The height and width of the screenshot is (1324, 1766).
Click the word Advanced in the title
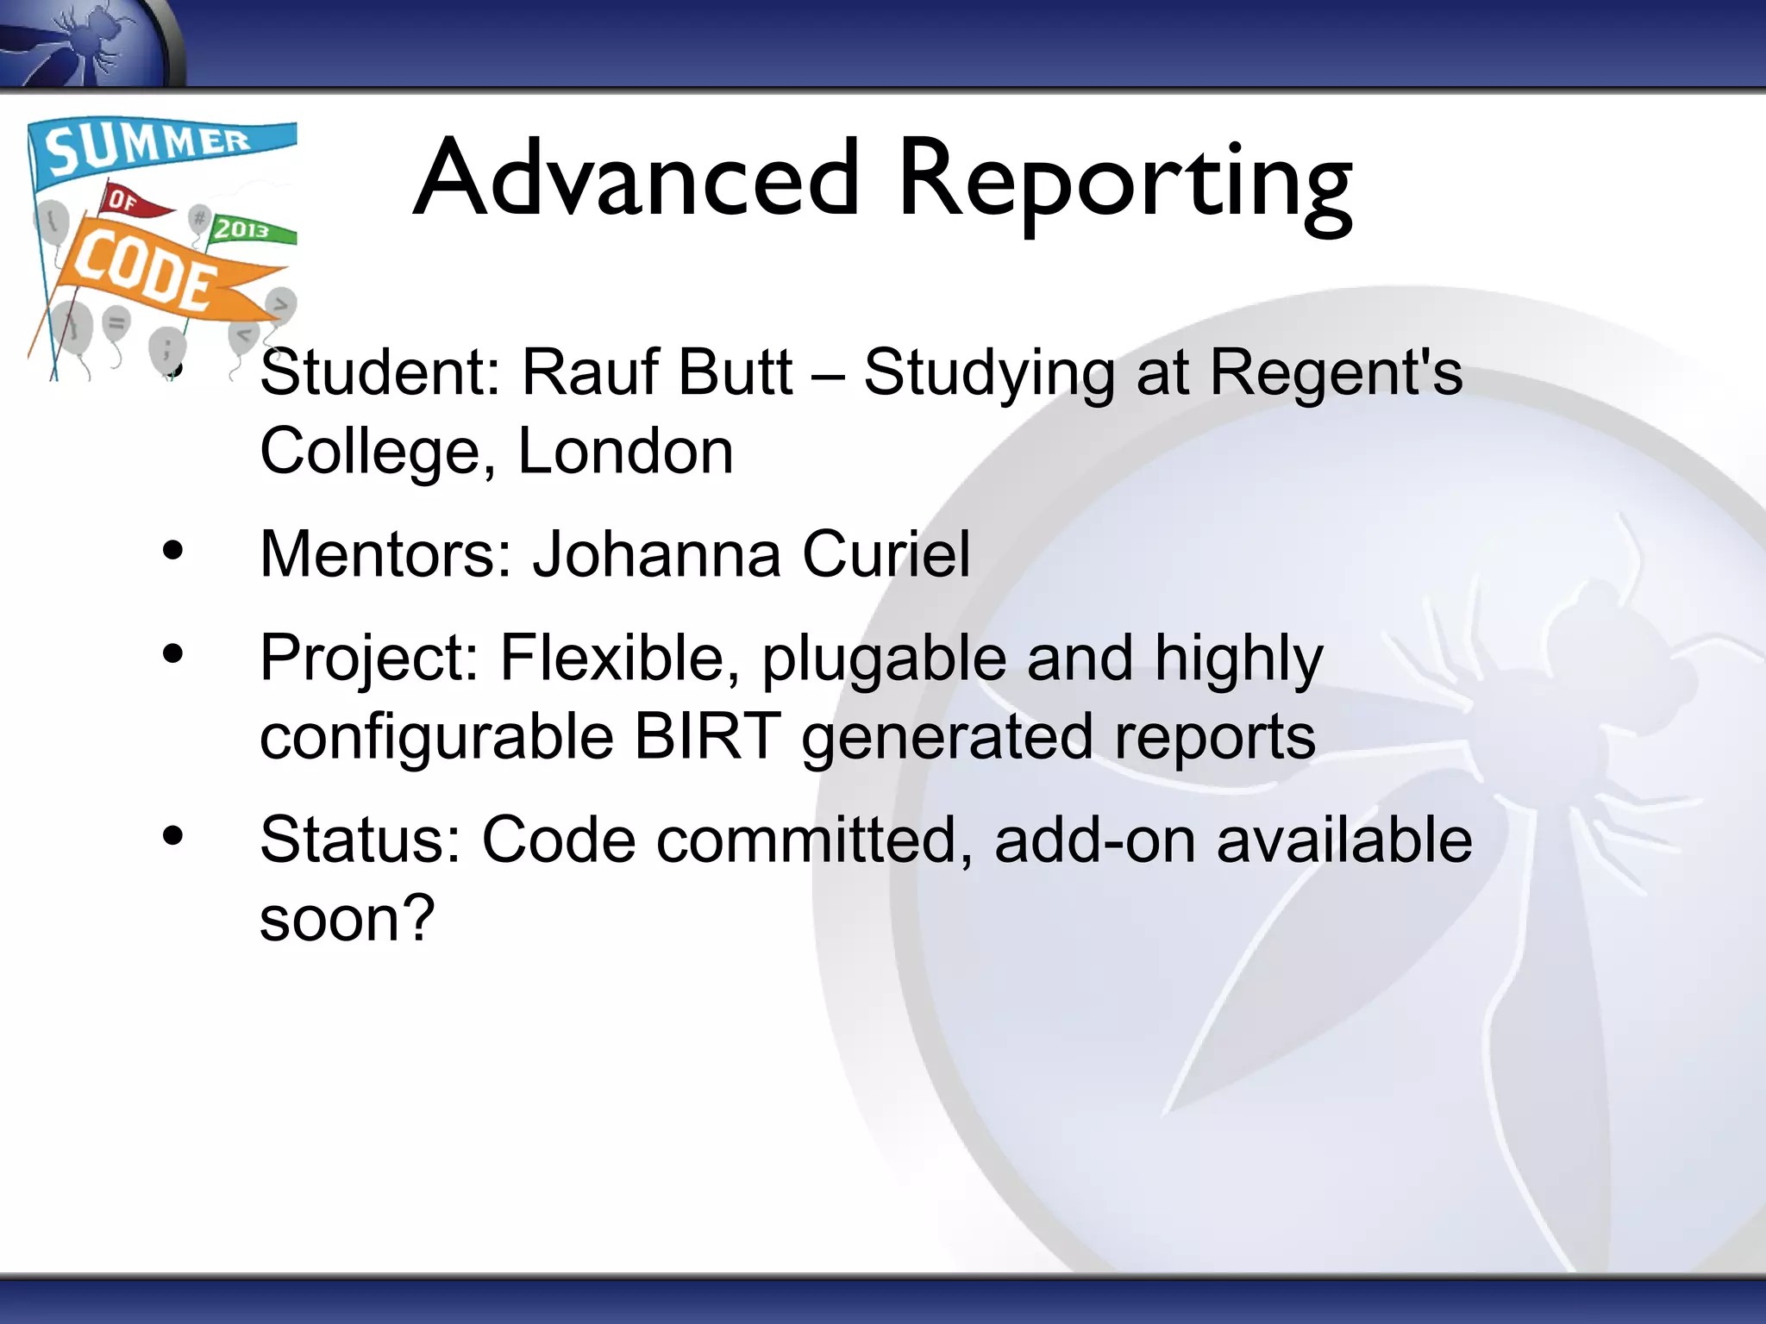636,179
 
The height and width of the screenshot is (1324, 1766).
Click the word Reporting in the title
1124,183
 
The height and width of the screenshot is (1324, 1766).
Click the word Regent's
1336,372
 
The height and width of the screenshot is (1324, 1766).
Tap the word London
625,451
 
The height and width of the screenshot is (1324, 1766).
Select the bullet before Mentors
173,552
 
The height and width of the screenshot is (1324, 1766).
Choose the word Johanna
656,554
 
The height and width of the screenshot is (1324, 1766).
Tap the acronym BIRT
707,736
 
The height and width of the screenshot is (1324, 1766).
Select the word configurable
436,738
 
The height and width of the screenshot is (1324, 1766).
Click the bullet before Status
173,836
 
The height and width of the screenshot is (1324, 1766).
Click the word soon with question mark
347,918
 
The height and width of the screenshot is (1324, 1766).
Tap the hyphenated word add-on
1094,840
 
